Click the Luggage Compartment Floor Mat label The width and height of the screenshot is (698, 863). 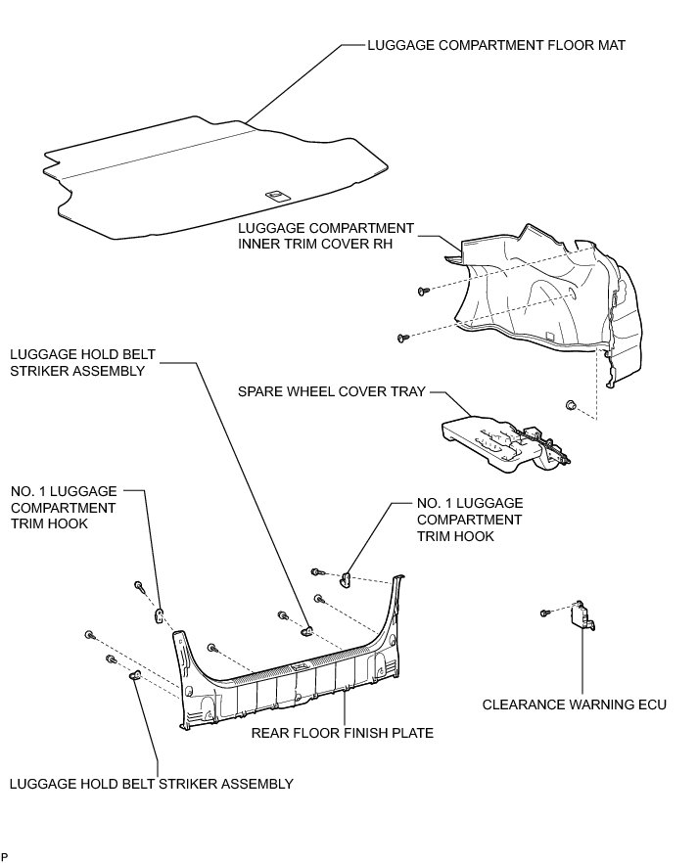496,45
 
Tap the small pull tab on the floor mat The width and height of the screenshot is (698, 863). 277,194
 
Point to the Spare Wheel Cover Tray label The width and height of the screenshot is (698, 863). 332,391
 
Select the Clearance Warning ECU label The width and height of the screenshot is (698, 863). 574,704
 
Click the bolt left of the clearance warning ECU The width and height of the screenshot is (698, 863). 544,613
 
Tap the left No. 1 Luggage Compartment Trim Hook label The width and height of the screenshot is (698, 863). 64,508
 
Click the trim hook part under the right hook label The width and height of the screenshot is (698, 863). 345,579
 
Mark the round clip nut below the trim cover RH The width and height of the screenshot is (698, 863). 569,404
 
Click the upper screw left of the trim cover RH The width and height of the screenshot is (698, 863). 422,291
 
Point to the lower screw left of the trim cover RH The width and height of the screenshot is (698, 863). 402,338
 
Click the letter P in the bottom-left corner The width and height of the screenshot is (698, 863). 5,857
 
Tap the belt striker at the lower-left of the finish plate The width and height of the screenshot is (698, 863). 135,677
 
